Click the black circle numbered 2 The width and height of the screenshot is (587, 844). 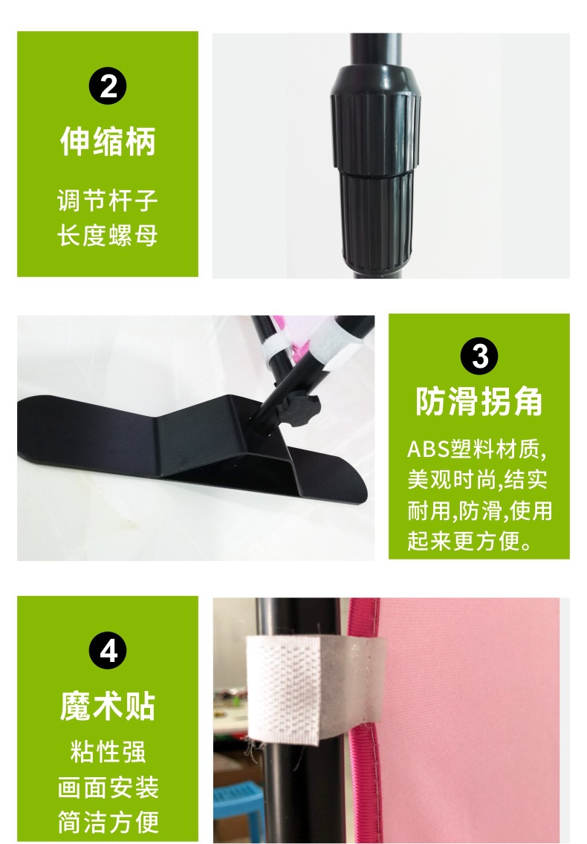(108, 86)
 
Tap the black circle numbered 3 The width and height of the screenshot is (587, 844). (479, 357)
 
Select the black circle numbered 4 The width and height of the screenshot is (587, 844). (108, 650)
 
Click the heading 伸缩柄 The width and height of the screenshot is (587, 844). (108, 142)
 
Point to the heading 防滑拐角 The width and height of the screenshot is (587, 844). (479, 401)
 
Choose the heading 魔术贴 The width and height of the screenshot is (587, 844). (108, 707)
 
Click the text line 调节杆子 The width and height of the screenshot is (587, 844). (108, 201)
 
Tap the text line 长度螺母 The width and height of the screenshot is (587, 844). (108, 236)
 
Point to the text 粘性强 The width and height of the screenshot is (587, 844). (108, 752)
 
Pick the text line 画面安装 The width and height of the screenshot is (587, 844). (108, 788)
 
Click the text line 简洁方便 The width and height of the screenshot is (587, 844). (108, 822)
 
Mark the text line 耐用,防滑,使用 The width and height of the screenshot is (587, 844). (480, 510)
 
